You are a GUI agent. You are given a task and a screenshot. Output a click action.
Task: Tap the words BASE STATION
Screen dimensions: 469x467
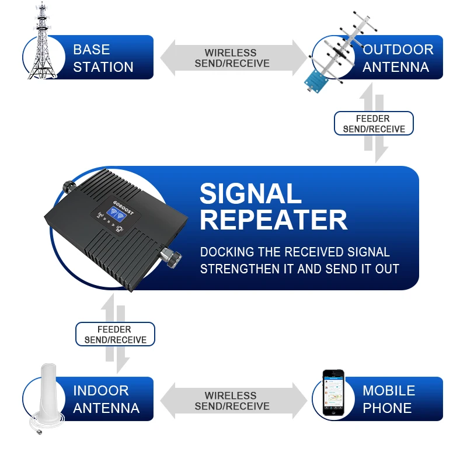tap(103, 58)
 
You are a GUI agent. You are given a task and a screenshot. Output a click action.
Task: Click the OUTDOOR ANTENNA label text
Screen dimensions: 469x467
tap(398, 58)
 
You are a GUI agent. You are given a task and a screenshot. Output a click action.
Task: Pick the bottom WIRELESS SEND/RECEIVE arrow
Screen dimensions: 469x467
tap(232, 401)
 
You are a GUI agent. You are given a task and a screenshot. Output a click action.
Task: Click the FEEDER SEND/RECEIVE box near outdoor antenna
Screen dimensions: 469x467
tap(374, 124)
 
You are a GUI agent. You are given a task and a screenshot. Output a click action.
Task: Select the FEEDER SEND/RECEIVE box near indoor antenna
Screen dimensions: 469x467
tap(115, 335)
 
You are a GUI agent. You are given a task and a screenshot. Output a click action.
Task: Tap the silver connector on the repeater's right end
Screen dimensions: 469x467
tap(171, 258)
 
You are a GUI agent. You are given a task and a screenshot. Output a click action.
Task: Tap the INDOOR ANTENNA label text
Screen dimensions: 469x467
tap(106, 399)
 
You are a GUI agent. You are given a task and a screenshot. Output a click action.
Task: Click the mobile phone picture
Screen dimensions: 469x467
tap(334, 393)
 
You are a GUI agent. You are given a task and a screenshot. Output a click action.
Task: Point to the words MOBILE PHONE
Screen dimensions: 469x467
tap(389, 399)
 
